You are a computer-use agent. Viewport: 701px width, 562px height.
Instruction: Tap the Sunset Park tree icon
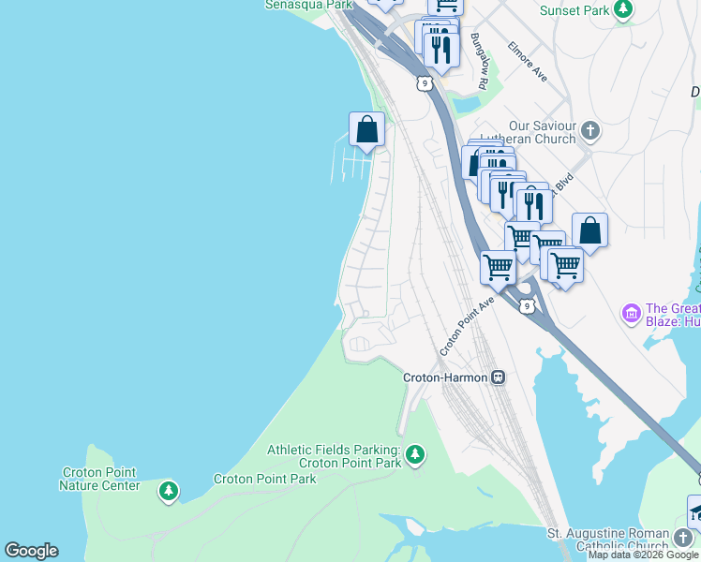[x=622, y=10]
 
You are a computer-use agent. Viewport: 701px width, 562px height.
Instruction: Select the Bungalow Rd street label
[x=480, y=62]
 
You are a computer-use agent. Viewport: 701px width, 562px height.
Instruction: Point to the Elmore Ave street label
[x=528, y=59]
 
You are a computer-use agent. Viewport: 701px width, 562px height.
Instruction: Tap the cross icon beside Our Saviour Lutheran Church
[x=589, y=129]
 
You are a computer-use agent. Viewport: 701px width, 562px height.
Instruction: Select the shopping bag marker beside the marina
[x=366, y=130]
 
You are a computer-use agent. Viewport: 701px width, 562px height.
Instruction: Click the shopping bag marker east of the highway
[x=589, y=229]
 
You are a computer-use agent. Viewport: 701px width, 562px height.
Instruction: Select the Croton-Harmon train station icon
[x=498, y=377]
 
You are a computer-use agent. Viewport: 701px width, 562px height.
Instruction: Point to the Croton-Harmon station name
[x=444, y=377]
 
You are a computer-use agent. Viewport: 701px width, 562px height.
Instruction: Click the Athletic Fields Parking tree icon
[x=415, y=455]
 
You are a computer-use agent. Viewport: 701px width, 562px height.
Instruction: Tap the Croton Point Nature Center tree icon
[x=168, y=490]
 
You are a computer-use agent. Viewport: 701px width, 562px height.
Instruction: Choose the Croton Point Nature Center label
[x=99, y=479]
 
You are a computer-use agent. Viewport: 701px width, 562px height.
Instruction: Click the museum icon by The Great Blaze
[x=631, y=311]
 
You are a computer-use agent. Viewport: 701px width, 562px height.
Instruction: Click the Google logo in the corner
[x=31, y=551]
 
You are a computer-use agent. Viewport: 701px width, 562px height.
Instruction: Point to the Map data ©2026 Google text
[x=643, y=555]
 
